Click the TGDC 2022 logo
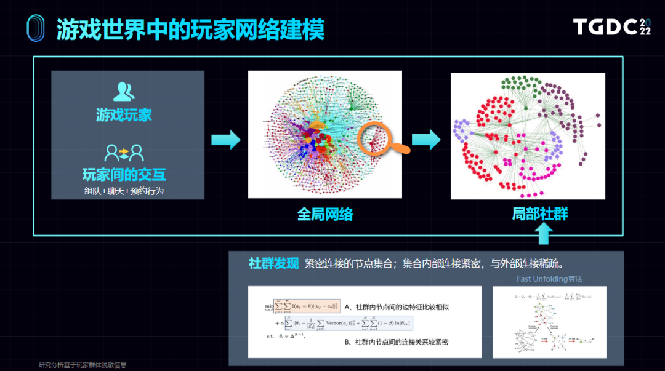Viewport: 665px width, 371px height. (612, 27)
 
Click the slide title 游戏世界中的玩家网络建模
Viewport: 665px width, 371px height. (190, 29)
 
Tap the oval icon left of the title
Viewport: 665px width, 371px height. (36, 29)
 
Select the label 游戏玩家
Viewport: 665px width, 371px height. (124, 115)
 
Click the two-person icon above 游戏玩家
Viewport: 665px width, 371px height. (124, 91)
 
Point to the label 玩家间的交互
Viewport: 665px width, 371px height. (124, 174)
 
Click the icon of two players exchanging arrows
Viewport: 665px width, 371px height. (124, 151)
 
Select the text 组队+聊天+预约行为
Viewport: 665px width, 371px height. (124, 191)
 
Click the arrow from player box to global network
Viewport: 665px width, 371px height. (225, 140)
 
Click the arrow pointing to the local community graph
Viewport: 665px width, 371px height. (426, 140)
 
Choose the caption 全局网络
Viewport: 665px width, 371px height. (324, 214)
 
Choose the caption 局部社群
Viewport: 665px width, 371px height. (540, 213)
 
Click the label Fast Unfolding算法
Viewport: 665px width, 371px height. (549, 279)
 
